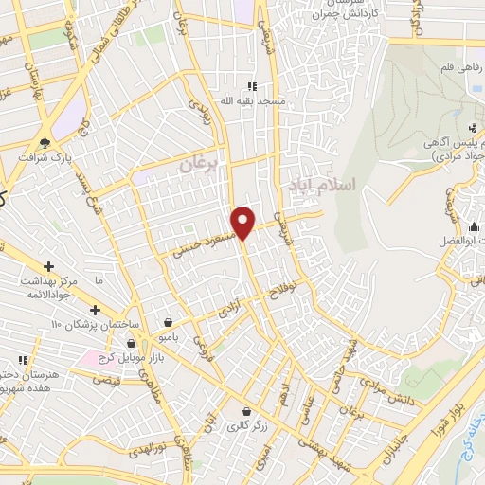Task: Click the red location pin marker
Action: point(243,222)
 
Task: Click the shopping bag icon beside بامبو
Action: point(168,322)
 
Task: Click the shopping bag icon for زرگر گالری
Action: point(247,412)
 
